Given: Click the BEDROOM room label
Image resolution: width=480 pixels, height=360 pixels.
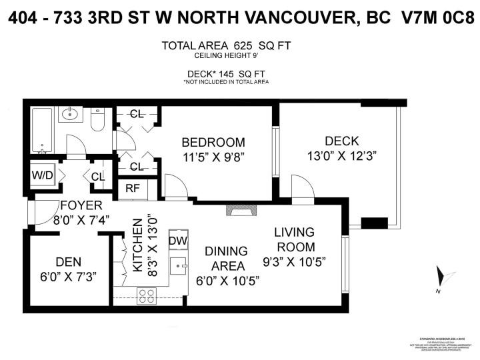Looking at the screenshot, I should tap(213, 142).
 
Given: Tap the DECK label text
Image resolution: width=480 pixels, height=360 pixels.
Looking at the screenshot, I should tap(341, 141).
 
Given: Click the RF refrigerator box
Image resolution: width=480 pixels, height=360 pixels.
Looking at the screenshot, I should tap(132, 188).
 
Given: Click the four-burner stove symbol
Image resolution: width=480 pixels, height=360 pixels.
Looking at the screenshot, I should tap(147, 295).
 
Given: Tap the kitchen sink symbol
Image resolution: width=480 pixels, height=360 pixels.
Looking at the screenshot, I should tap(178, 265).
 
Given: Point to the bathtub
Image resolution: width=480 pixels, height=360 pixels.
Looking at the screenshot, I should tap(41, 129).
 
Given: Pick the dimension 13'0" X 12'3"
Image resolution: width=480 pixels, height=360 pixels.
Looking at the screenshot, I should tap(341, 158).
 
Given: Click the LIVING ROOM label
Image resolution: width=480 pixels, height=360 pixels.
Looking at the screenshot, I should tap(294, 239).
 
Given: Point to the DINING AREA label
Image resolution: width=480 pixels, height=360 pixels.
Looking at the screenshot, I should tap(226, 258).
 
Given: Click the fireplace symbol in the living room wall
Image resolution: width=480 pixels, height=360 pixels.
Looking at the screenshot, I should tap(239, 210).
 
